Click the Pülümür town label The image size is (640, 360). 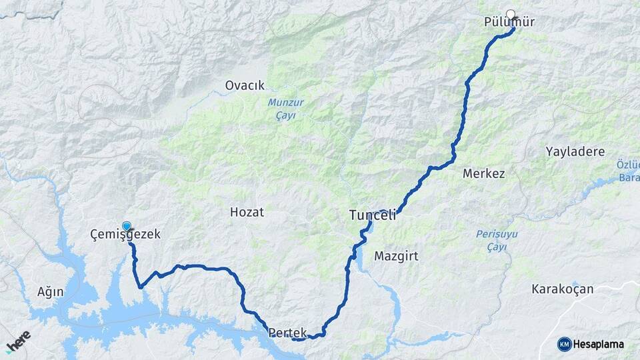click(509, 23)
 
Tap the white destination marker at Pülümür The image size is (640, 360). click(511, 13)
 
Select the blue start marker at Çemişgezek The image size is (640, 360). click(127, 226)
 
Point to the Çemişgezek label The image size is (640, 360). click(125, 235)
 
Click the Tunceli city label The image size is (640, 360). click(373, 215)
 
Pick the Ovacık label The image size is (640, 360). click(245, 85)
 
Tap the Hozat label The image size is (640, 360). click(247, 213)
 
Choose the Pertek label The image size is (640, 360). click(287, 331)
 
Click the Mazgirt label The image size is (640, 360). click(396, 255)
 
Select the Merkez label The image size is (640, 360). click(483, 173)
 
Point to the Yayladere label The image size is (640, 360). click(575, 151)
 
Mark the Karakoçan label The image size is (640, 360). click(562, 289)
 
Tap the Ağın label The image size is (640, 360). click(50, 291)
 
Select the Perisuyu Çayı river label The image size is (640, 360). click(497, 240)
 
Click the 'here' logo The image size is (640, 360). click(18, 341)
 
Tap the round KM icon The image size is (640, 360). click(565, 344)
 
